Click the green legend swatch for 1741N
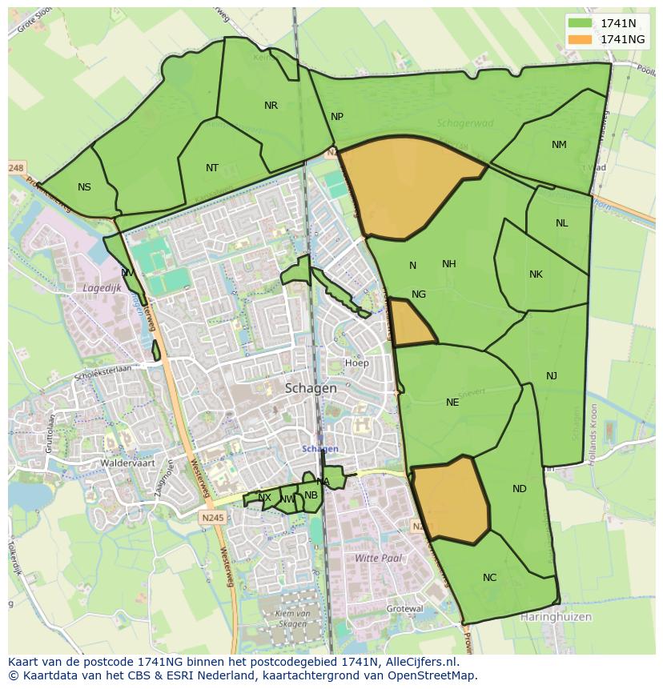tap(581, 23)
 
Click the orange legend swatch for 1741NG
tap(581, 39)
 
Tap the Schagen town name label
tap(311, 388)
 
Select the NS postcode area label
tap(84, 187)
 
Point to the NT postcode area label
tap(212, 168)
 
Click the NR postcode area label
tap(271, 106)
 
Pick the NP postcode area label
tap(337, 117)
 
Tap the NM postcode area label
tap(559, 145)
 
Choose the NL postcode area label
tap(561, 223)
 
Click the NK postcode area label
tap(536, 274)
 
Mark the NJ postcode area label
tap(552, 376)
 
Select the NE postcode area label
tap(452, 403)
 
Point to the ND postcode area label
tap(520, 489)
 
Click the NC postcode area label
tap(490, 578)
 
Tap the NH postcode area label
tap(448, 264)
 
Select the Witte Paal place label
tap(378, 558)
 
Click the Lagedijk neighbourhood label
tap(101, 287)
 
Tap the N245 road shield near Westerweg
tap(214, 518)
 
